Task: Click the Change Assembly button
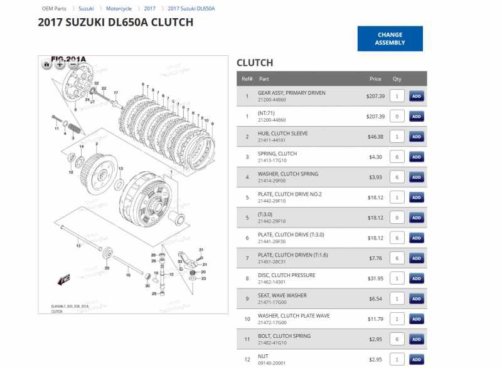(x=390, y=39)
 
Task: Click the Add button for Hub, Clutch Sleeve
(x=416, y=137)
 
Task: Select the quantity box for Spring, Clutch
(x=397, y=157)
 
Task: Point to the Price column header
(x=375, y=79)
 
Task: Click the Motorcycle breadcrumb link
(x=119, y=9)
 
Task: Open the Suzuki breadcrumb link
(x=86, y=9)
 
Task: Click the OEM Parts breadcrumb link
(x=54, y=9)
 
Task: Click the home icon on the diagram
(x=47, y=64)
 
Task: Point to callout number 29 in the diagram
(x=107, y=268)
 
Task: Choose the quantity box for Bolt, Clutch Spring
(x=397, y=339)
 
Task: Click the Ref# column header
(x=247, y=79)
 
